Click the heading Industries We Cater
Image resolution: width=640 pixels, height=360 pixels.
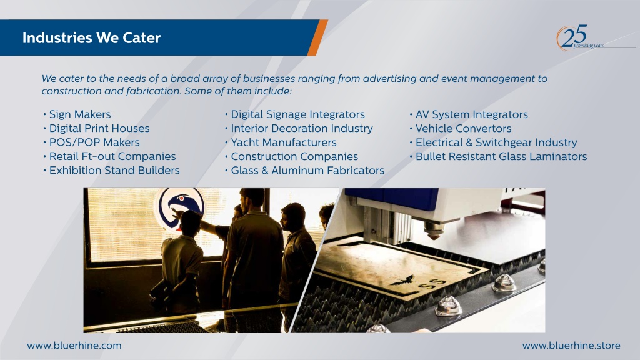point(91,37)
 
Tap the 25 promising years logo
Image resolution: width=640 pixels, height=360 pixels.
point(579,38)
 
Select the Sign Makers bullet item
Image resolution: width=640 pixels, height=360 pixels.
point(80,114)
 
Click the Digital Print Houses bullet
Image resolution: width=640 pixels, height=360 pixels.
point(99,128)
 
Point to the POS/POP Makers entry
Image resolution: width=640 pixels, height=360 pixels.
point(94,142)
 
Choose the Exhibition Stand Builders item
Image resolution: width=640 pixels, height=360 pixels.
point(114,170)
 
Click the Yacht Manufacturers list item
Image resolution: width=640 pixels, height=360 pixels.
point(284,142)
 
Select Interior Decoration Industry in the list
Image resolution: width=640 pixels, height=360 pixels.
point(302,128)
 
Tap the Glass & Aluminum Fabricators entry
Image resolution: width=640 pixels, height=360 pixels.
point(307,170)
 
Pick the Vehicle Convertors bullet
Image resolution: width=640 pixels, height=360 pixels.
point(463,128)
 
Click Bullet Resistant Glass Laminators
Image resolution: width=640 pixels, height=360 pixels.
point(501,156)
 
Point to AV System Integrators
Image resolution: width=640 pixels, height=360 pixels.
point(471,114)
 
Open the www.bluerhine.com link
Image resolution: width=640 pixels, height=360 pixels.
point(74,346)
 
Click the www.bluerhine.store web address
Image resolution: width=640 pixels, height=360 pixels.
point(571,346)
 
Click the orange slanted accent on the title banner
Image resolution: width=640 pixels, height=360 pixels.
point(317,37)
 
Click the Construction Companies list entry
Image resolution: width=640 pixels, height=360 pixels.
point(294,156)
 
